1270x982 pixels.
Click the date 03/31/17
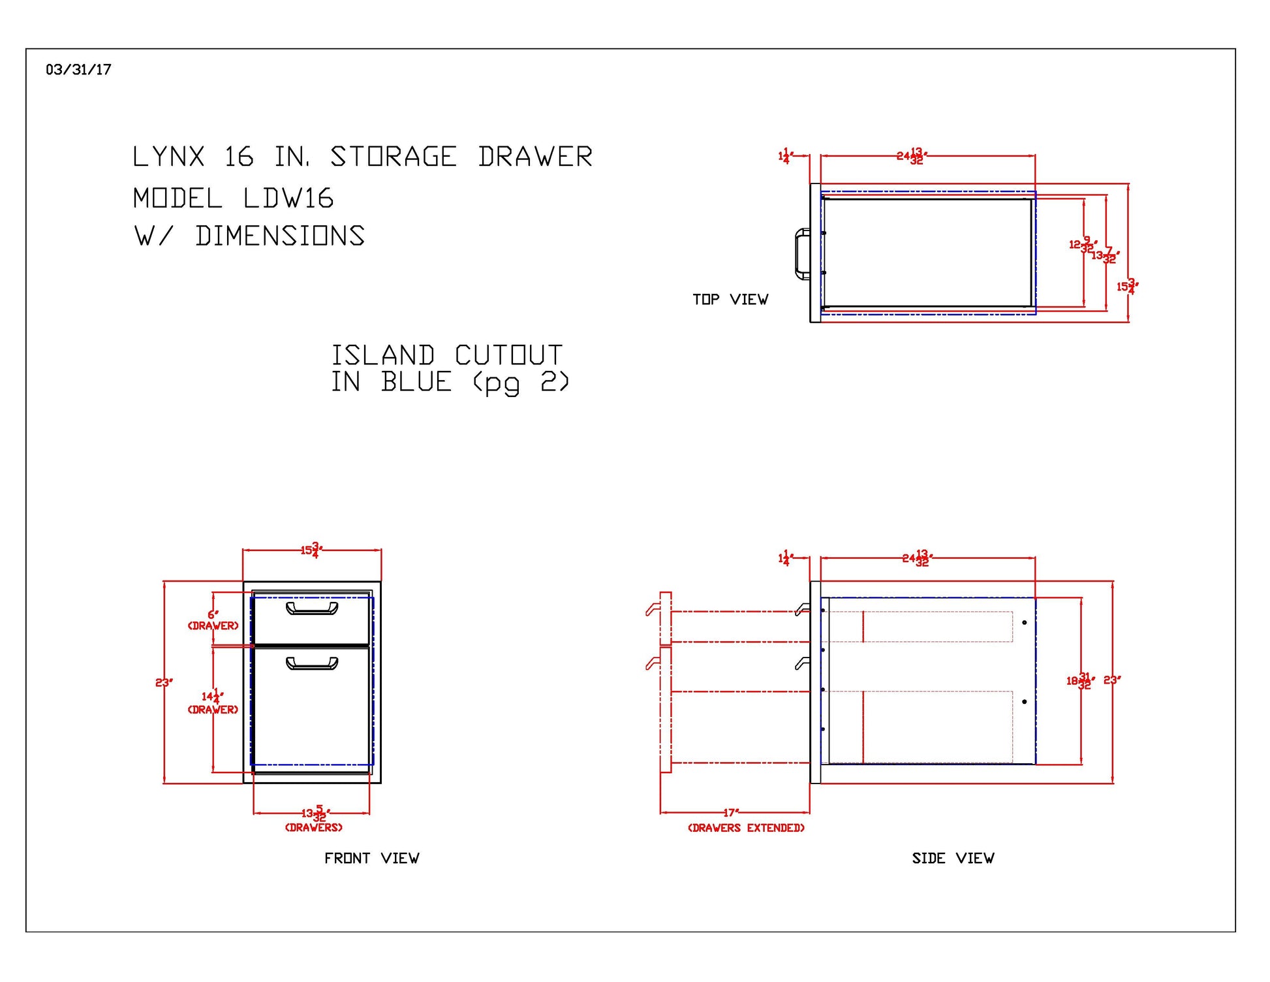point(78,70)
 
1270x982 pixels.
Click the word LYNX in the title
point(168,157)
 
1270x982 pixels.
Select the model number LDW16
point(288,198)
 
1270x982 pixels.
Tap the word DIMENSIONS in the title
point(280,236)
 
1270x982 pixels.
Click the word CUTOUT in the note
point(508,356)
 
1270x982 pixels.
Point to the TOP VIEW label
point(730,300)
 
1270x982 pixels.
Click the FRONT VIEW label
point(371,858)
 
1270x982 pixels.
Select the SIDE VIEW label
point(953,858)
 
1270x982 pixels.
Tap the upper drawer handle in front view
point(312,609)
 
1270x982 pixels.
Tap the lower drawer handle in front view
point(312,664)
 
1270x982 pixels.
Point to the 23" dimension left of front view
point(164,682)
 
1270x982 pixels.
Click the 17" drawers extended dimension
point(731,813)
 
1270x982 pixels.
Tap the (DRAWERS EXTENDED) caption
point(746,828)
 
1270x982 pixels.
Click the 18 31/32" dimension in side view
point(1080,681)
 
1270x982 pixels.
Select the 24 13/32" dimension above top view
point(912,156)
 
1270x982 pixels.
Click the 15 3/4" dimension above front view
point(311,550)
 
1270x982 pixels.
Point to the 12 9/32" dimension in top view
point(1081,245)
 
